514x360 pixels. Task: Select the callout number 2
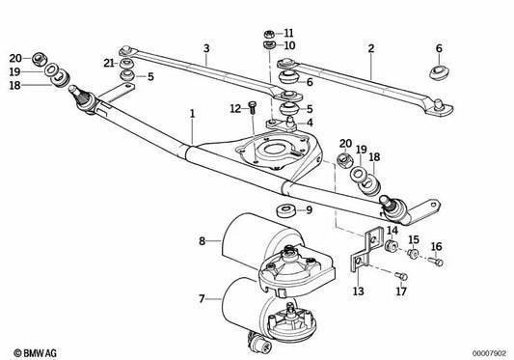click(370, 47)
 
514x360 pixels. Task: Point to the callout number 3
click(205, 47)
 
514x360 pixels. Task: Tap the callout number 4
click(309, 123)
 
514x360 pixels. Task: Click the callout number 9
click(309, 209)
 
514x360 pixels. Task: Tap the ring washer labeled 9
click(285, 208)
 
